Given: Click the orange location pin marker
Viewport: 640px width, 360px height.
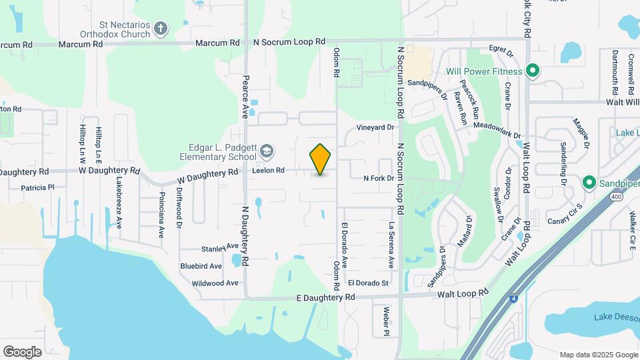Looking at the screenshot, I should [x=320, y=159].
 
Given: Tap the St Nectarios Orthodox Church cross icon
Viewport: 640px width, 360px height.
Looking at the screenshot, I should [x=160, y=28].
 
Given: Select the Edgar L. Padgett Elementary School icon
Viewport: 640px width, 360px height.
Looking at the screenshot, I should [x=267, y=152].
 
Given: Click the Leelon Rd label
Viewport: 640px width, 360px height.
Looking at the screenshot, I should [x=269, y=171].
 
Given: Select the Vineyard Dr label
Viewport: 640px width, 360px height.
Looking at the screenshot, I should [x=375, y=127].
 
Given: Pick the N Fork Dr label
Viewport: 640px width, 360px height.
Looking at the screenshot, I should [x=379, y=178].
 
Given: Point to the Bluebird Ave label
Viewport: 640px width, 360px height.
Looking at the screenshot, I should [x=201, y=266].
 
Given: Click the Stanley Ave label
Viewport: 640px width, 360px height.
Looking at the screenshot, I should [x=215, y=249].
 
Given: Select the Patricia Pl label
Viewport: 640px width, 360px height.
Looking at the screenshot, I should [x=37, y=188].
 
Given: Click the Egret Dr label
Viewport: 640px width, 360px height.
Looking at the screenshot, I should [x=501, y=51].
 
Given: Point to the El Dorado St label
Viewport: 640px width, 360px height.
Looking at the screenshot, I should [x=368, y=283].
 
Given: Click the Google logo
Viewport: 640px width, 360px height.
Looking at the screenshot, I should [x=22, y=351].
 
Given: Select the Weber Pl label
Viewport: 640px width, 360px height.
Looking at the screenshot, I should [x=385, y=320].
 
